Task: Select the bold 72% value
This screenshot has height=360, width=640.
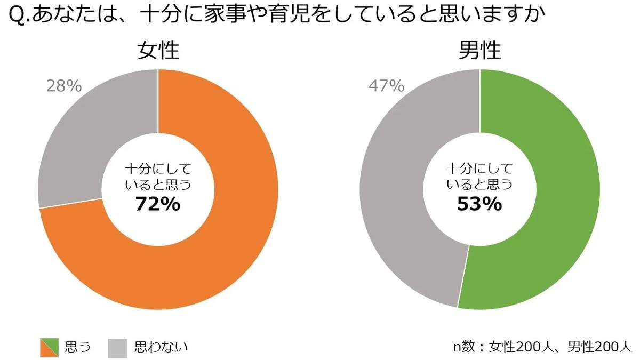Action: coord(158,204)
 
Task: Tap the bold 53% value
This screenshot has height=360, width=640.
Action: coord(479,204)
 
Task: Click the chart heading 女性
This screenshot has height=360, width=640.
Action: coord(158,51)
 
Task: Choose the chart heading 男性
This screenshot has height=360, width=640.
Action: coord(480,51)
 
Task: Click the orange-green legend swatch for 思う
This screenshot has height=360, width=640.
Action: coord(50,348)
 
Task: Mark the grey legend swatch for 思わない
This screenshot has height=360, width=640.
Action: coord(118,348)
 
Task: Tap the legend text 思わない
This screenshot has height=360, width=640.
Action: coord(161,348)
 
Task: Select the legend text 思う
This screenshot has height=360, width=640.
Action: coord(77,348)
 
